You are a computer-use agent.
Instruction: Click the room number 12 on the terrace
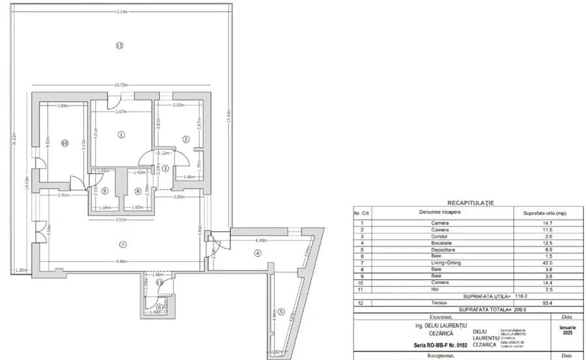[119, 46]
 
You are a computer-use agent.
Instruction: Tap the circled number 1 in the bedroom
[120, 135]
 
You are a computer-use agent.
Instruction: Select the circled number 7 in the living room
[122, 244]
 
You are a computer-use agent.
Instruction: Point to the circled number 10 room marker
[64, 143]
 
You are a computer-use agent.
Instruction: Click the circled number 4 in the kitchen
[257, 253]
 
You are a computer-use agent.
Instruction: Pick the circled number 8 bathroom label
[137, 191]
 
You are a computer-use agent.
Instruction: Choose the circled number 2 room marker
[186, 139]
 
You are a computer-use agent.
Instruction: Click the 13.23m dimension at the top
[120, 12]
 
